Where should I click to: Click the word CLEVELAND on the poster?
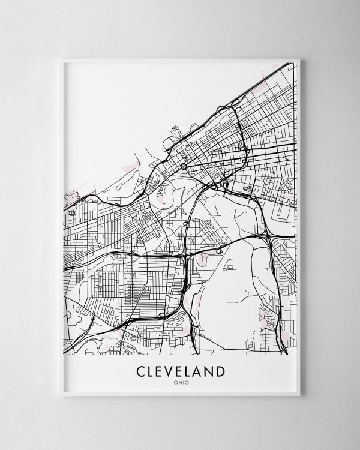click(181, 371)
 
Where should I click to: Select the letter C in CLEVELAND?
click(142, 371)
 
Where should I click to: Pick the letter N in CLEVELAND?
click(211, 371)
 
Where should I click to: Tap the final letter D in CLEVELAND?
click(221, 371)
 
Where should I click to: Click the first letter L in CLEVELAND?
click(152, 371)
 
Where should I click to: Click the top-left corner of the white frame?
click(63, 59)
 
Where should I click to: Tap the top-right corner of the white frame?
click(299, 59)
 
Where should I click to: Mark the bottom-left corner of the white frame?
click(63, 395)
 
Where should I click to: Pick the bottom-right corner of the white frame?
click(299, 395)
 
